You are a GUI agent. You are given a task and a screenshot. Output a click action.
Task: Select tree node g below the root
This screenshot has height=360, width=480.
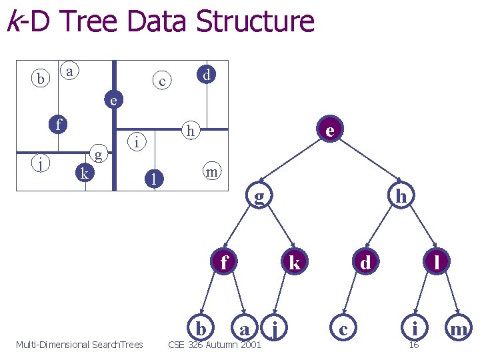[x=259, y=195]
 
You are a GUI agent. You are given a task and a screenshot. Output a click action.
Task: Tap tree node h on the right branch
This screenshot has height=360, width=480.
[x=401, y=195]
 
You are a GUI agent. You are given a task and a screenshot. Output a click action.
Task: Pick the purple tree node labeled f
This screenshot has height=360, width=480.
[x=225, y=262]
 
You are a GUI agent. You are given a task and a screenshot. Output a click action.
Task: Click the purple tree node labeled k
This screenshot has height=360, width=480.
[x=294, y=262]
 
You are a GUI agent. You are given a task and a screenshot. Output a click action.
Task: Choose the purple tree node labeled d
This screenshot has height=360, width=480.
[x=365, y=262]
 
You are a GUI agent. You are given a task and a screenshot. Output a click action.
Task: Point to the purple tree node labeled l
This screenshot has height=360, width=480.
[x=437, y=262]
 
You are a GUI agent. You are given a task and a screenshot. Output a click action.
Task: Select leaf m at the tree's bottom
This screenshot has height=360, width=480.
[x=458, y=328]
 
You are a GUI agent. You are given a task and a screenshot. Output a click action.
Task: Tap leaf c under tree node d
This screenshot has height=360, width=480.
[x=343, y=328]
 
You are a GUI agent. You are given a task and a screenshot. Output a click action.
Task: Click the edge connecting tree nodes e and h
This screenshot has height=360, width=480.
[x=365, y=162]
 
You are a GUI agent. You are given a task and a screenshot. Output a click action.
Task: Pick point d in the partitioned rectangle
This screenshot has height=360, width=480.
[x=207, y=75]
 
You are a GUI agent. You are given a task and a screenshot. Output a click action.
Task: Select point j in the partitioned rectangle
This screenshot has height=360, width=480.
[x=41, y=163]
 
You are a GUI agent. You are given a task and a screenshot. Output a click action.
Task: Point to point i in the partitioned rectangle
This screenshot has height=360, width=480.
[x=136, y=141]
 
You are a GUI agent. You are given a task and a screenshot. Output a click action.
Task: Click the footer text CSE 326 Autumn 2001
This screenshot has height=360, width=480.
[x=215, y=345]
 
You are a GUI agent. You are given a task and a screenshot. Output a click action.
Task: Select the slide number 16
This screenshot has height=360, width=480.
[x=413, y=345]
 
